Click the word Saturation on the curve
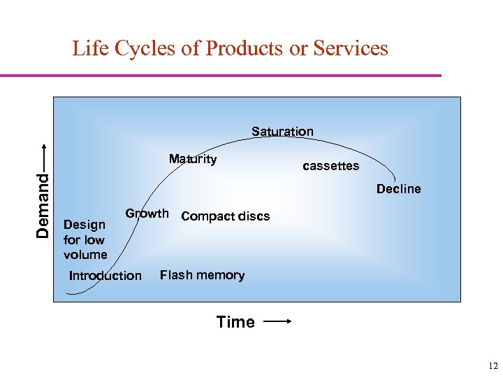(282, 132)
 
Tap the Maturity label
(193, 159)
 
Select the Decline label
(398, 189)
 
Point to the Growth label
(147, 213)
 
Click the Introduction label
(105, 276)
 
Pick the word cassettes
(330, 166)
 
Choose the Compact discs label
(225, 216)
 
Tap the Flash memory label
(202, 275)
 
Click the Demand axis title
(43, 205)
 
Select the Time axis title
(235, 322)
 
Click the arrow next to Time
(277, 322)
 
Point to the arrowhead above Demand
(43, 147)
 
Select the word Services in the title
(350, 48)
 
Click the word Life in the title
(89, 48)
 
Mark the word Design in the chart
(84, 225)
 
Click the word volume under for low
(85, 255)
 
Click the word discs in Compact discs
(254, 216)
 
